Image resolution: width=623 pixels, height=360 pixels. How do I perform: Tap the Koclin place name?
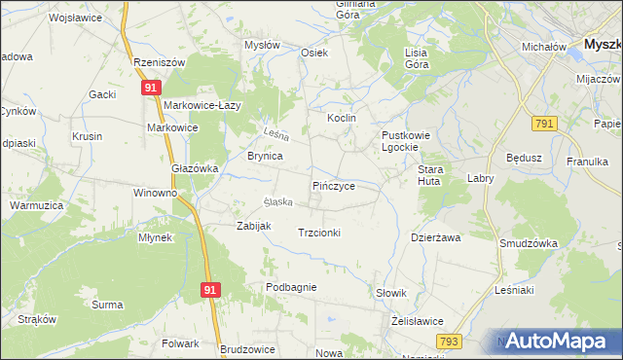point(342,118)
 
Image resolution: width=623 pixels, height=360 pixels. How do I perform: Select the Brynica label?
point(265,156)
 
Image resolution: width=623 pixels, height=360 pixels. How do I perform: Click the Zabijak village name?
point(254,226)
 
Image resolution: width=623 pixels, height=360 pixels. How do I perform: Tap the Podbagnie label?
point(291,287)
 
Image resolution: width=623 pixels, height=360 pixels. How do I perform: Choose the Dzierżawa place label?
point(435,236)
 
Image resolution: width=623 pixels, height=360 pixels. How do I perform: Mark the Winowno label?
point(156,193)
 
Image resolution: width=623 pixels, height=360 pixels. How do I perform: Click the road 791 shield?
point(544,123)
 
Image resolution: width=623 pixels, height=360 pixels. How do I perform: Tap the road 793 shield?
point(449,341)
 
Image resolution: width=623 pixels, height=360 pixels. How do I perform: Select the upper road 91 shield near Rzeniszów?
point(150,89)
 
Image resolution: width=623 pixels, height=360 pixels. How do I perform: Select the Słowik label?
point(390,293)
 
